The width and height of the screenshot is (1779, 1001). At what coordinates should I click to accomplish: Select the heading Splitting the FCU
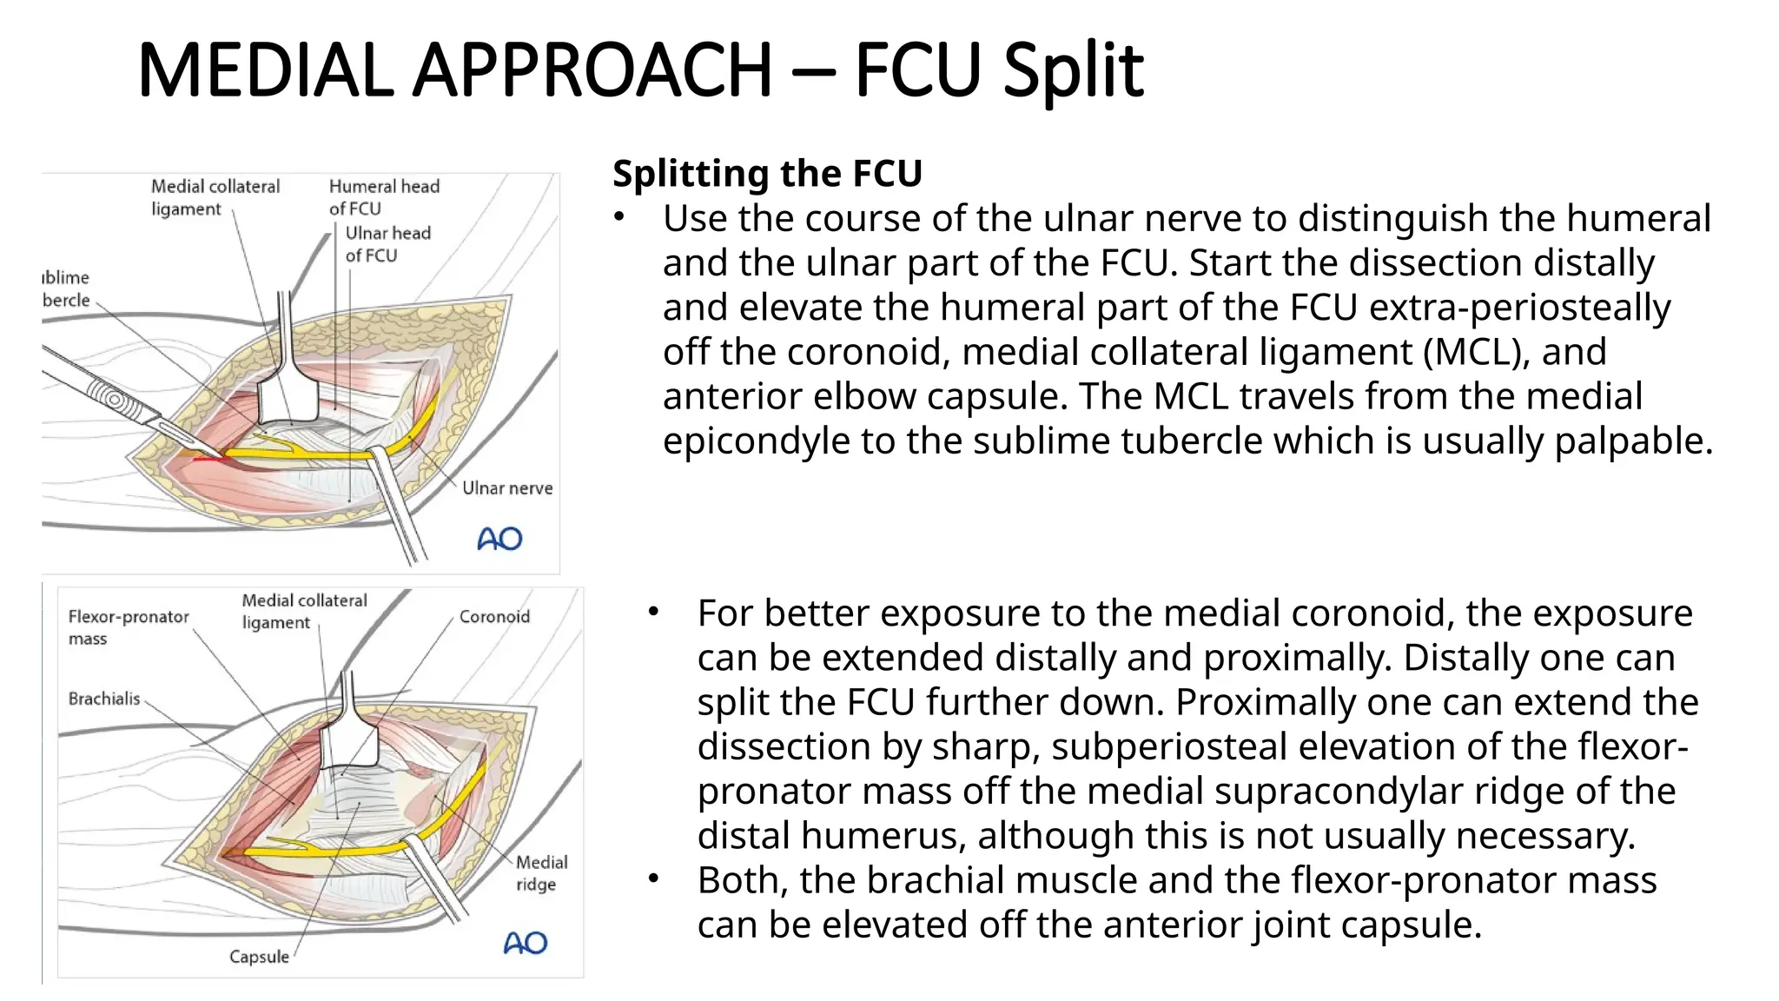[767, 173]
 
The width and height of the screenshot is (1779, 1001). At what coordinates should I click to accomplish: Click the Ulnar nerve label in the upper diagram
[506, 488]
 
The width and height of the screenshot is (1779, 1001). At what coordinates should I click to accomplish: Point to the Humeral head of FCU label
[383, 197]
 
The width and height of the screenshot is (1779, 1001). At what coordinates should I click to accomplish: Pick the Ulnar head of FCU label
[387, 244]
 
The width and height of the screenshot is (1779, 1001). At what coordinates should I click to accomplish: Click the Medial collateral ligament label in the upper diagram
[215, 197]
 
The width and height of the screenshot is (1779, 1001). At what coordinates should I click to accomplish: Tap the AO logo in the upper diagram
[499, 540]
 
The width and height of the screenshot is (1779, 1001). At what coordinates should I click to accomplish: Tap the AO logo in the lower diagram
[526, 943]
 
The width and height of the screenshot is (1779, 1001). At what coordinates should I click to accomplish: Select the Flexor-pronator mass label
[128, 627]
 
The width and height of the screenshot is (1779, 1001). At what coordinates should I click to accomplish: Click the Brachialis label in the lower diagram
[103, 699]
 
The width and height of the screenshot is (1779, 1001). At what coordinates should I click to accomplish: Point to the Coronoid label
[493, 617]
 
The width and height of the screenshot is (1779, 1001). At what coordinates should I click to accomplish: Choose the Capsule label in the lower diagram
[259, 957]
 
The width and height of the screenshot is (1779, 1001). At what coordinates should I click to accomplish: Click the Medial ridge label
[541, 873]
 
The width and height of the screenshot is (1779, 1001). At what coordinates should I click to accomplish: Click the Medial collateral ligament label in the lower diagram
[304, 612]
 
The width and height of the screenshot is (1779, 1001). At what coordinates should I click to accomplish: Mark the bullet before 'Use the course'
[618, 217]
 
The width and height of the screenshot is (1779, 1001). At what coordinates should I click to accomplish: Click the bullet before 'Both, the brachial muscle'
[653, 879]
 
